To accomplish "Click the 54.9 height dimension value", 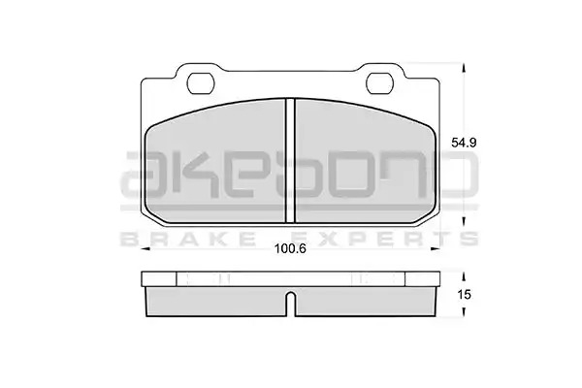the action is [464, 143].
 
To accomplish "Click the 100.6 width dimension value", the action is [290, 248].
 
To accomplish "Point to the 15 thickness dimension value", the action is [464, 295].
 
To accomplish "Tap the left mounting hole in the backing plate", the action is [201, 83].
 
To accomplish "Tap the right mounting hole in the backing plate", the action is [379, 83].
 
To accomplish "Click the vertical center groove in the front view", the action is [290, 160].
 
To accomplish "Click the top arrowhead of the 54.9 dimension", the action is [464, 68].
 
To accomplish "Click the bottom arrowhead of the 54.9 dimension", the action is [464, 222].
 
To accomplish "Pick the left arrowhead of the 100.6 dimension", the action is [145, 249].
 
